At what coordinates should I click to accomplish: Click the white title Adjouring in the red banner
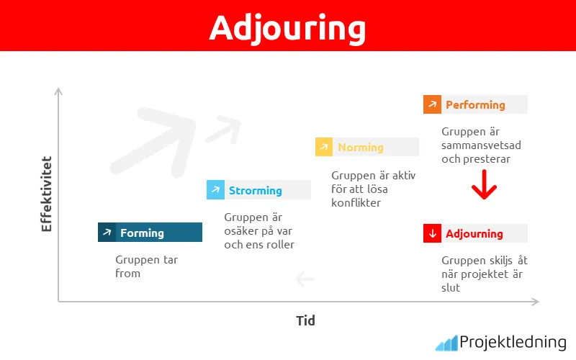coord(287,27)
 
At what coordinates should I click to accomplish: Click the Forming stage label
coord(142,233)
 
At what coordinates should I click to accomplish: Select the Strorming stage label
coord(255,190)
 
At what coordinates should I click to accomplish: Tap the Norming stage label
coord(360,147)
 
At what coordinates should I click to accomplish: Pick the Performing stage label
coord(475,104)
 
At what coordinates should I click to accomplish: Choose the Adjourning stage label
coord(474,233)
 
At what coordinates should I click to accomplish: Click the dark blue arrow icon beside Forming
coord(107,233)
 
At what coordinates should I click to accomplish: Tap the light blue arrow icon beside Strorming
coord(215,190)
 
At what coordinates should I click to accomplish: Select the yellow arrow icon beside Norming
coord(324,147)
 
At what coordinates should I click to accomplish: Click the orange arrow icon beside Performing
coord(432,104)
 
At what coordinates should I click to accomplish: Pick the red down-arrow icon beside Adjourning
coord(432,233)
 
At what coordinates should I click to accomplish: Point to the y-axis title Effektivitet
coord(47,193)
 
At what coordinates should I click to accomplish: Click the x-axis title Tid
coord(305,320)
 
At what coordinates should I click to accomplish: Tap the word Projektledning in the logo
coord(512,342)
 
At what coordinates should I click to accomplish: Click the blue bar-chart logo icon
coord(446,343)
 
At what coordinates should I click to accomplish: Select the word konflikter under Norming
coord(356,203)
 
